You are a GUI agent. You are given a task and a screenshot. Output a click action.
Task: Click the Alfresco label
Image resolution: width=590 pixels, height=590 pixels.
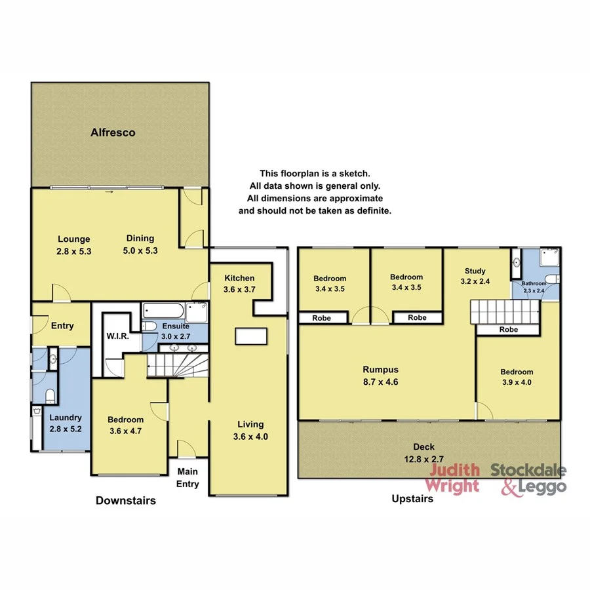(113, 132)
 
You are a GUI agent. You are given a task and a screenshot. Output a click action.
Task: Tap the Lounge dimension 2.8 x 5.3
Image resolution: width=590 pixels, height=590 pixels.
(73, 250)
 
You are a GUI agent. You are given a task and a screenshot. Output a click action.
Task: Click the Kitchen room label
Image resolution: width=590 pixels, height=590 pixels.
(239, 278)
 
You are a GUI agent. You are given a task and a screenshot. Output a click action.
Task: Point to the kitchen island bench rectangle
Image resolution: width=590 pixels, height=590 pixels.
(252, 336)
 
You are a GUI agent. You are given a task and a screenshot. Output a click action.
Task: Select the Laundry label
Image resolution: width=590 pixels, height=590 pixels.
(64, 418)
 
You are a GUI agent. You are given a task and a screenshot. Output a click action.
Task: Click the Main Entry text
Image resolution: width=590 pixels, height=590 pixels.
(186, 477)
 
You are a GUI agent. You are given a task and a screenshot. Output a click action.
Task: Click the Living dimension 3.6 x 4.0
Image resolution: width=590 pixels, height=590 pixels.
(251, 436)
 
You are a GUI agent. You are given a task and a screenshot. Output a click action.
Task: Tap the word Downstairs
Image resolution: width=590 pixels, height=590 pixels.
(125, 501)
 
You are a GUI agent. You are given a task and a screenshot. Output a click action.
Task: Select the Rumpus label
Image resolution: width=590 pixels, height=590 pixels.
(382, 369)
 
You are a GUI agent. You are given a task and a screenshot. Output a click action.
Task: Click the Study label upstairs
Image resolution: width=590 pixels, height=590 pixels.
(475, 271)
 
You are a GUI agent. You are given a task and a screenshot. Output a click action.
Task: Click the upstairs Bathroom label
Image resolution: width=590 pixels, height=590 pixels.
(534, 283)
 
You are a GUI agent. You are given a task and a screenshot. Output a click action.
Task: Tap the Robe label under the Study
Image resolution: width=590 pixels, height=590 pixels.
(509, 330)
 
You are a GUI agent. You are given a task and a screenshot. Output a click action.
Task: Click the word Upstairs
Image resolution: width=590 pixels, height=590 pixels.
(412, 499)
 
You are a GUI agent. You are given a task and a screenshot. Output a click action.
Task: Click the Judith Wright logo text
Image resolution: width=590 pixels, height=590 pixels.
(452, 479)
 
